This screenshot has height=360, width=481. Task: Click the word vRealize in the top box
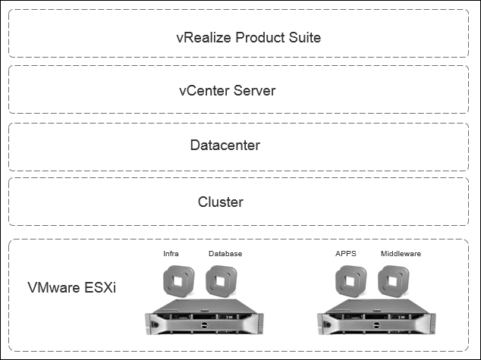(203, 37)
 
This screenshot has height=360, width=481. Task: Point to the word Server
(254, 91)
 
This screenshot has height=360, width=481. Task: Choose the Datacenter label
(225, 146)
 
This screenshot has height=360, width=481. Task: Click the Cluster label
(221, 202)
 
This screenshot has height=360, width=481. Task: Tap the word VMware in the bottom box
(54, 287)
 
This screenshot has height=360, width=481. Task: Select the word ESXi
(99, 287)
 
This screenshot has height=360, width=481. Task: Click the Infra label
(171, 254)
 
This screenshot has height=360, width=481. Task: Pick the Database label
(225, 254)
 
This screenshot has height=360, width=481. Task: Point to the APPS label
(346, 254)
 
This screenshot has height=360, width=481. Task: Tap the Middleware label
(401, 254)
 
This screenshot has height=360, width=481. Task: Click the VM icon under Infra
(178, 281)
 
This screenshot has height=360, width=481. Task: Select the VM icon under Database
(222, 281)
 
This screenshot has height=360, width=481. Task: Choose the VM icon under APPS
(351, 281)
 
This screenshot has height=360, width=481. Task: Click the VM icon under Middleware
(394, 281)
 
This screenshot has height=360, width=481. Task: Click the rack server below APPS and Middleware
(376, 317)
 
